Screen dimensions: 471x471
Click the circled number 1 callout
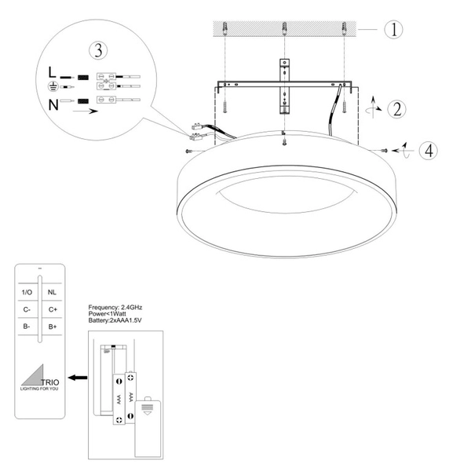(393, 31)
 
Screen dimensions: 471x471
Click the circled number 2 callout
(398, 108)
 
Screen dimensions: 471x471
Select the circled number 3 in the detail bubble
(98, 50)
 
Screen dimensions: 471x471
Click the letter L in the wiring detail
(52, 72)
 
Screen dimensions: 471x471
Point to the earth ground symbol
(52, 86)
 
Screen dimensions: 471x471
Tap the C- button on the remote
(26, 309)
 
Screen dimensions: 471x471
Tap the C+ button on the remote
(53, 309)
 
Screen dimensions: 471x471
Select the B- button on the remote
(26, 325)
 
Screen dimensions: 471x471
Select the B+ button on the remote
(53, 325)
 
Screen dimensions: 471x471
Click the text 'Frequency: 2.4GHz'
(115, 305)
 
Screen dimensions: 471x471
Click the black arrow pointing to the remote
(76, 378)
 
